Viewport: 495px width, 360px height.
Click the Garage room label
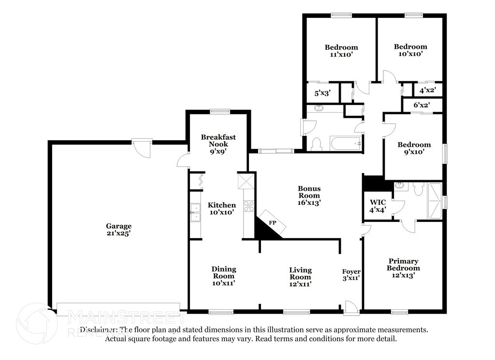coord(119,229)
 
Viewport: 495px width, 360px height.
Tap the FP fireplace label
coord(272,223)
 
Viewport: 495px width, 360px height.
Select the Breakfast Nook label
coord(218,144)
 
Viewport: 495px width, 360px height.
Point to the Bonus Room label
coord(309,195)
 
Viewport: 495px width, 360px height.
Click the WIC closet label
coord(377,205)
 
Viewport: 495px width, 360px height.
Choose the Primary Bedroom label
coord(403,268)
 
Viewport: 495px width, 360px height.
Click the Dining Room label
coord(223,275)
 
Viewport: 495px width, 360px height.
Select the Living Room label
coord(300,276)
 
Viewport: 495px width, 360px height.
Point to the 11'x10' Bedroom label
coord(341,51)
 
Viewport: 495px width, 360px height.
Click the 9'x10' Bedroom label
coord(414,148)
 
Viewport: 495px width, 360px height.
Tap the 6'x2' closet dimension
coord(421,104)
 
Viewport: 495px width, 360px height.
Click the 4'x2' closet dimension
coord(427,90)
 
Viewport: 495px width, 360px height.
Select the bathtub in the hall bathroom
coord(346,144)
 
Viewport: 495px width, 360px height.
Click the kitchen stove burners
coord(248,206)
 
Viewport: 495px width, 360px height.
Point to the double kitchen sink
coord(196,212)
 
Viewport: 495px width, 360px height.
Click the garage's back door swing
coord(143,149)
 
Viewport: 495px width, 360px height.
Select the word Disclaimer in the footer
coord(99,330)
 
